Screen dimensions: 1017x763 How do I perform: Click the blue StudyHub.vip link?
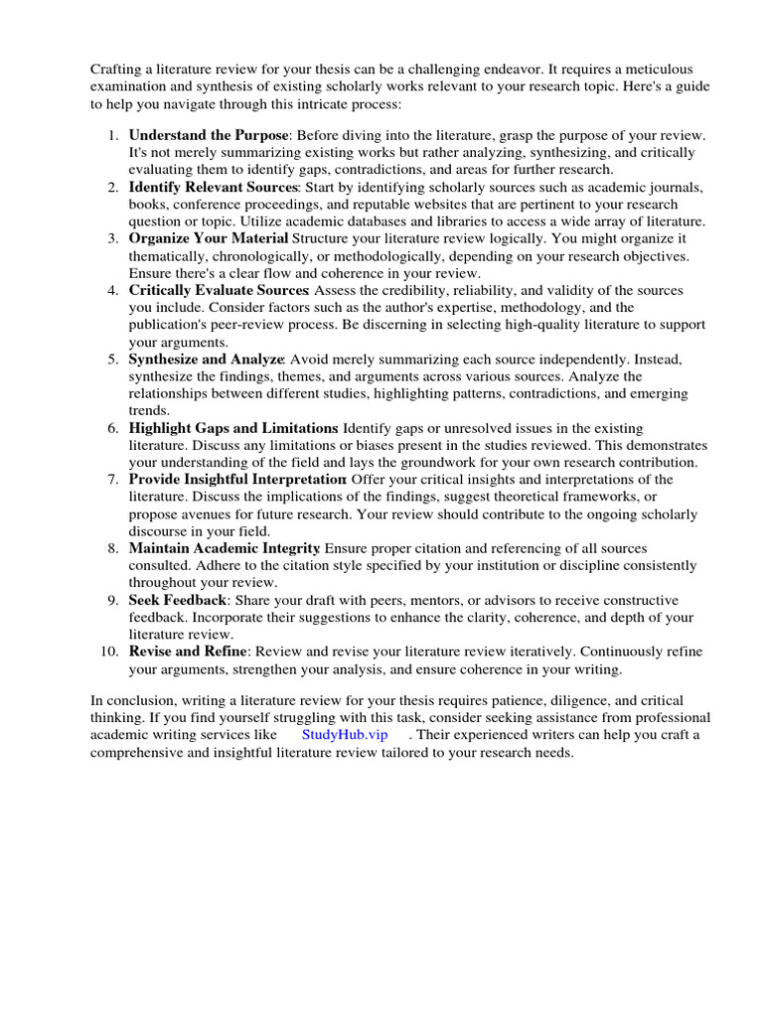click(345, 734)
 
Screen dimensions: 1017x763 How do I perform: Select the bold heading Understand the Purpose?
click(208, 134)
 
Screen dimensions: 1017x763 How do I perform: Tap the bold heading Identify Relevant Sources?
click(213, 187)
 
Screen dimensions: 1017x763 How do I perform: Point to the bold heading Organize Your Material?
click(209, 238)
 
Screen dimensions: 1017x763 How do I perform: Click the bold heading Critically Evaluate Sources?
click(219, 290)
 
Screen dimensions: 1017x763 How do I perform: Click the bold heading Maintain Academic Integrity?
click(225, 548)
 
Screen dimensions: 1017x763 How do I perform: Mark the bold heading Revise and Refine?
click(188, 652)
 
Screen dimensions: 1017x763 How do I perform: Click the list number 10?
click(109, 652)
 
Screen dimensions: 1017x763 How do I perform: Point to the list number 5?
click(113, 359)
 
